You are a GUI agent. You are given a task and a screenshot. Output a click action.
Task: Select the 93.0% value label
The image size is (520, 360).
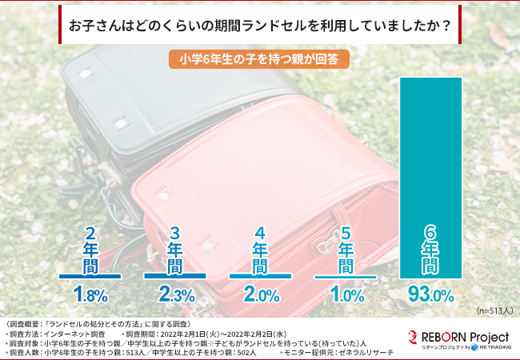(x=430, y=294)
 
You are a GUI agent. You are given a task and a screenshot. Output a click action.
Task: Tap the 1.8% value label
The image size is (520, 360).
(x=90, y=294)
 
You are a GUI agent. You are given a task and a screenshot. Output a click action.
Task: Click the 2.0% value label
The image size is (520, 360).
(x=259, y=294)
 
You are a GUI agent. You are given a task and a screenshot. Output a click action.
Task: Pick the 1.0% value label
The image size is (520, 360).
(x=345, y=294)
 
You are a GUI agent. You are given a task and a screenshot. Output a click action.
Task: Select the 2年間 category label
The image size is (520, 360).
(x=90, y=249)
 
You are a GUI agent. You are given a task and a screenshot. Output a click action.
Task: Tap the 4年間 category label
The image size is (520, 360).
(x=259, y=249)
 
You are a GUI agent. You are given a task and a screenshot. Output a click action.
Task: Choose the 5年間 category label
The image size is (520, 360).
(x=345, y=249)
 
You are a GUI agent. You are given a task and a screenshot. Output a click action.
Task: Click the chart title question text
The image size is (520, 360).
(x=259, y=25)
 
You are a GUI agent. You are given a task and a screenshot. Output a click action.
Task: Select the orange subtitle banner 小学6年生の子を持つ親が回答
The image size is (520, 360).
(x=260, y=59)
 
